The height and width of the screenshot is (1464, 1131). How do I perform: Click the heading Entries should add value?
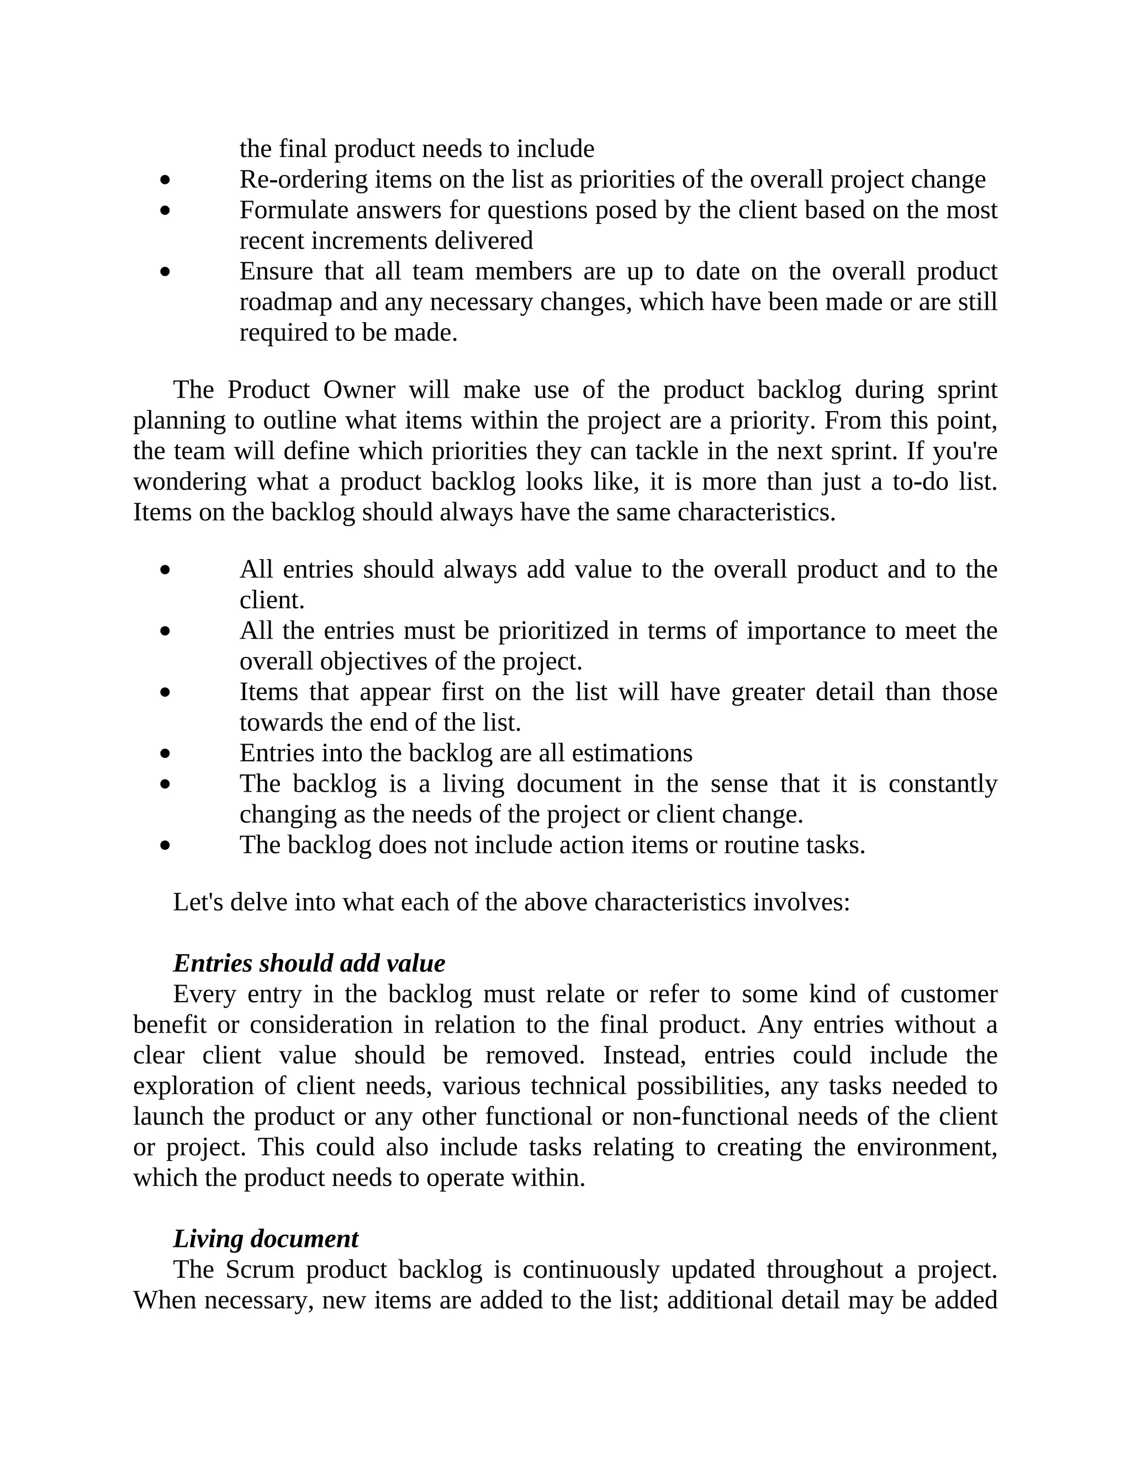[x=309, y=963]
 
